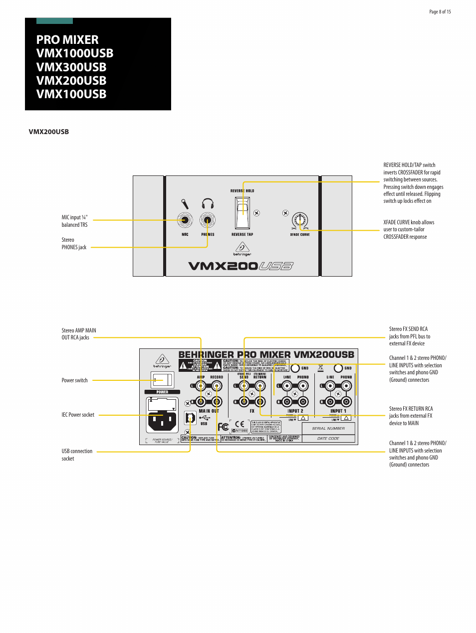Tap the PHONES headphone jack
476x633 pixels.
208,220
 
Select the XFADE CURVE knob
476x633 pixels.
300,220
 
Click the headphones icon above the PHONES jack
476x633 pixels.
208,203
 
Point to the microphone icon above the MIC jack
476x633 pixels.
185,204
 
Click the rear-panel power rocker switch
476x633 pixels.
162,380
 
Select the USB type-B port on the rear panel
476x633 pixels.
190,418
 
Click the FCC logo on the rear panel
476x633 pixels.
223,427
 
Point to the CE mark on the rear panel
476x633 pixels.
240,424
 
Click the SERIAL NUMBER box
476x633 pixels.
328,428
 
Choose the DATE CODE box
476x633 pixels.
328,439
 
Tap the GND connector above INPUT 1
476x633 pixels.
338,368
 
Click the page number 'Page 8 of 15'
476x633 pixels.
440,12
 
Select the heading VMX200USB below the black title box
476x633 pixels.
49,132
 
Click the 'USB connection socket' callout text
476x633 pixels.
77,455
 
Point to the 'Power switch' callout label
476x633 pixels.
74,380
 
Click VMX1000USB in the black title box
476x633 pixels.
75,53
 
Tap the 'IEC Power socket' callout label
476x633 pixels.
78,415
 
